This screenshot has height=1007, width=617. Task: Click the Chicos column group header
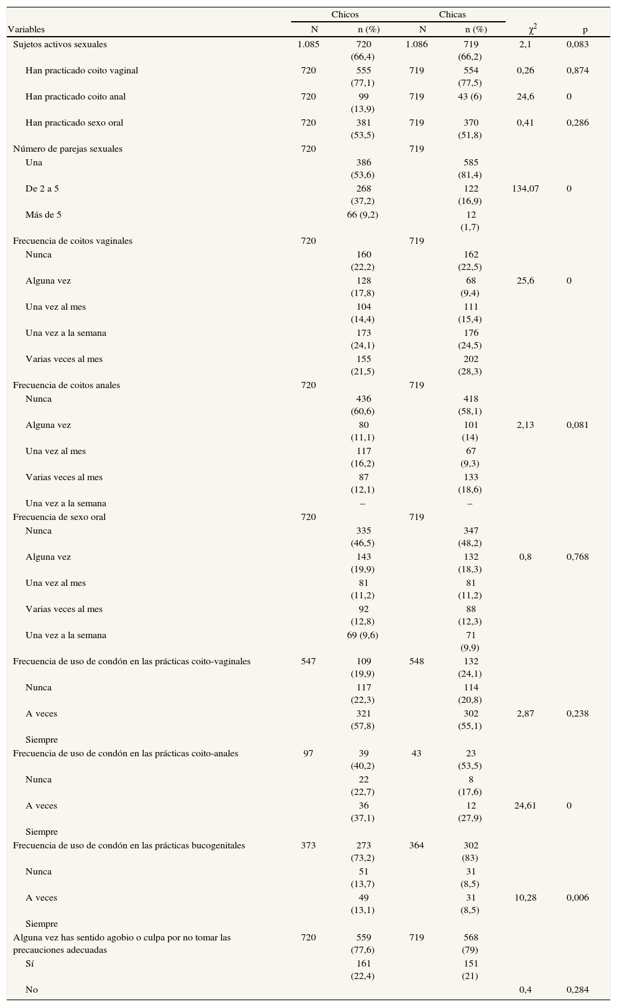pyautogui.click(x=345, y=14)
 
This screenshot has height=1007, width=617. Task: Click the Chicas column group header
pyautogui.click(x=452, y=14)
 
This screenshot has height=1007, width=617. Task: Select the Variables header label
pyautogui.click(x=26, y=29)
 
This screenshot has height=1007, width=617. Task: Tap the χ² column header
pyautogui.click(x=532, y=29)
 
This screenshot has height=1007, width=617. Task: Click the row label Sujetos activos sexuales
pyautogui.click(x=60, y=44)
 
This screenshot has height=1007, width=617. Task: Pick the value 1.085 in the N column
pyautogui.click(x=308, y=44)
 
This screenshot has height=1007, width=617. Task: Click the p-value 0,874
pyautogui.click(x=577, y=70)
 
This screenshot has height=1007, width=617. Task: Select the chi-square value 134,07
pyautogui.click(x=526, y=188)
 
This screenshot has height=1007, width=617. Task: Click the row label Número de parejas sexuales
pyautogui.click(x=68, y=149)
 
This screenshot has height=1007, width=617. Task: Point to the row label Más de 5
pyautogui.click(x=44, y=215)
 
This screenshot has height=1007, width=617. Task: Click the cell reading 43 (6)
pyautogui.click(x=470, y=96)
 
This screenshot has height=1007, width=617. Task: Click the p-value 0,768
pyautogui.click(x=577, y=557)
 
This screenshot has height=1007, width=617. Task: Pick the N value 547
pyautogui.click(x=308, y=661)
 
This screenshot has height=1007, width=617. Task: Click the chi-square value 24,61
pyautogui.click(x=526, y=805)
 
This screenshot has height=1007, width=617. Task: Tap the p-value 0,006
pyautogui.click(x=577, y=898)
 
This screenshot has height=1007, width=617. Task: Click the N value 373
pyautogui.click(x=308, y=845)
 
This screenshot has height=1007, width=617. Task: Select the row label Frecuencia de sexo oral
pyautogui.click(x=60, y=517)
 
